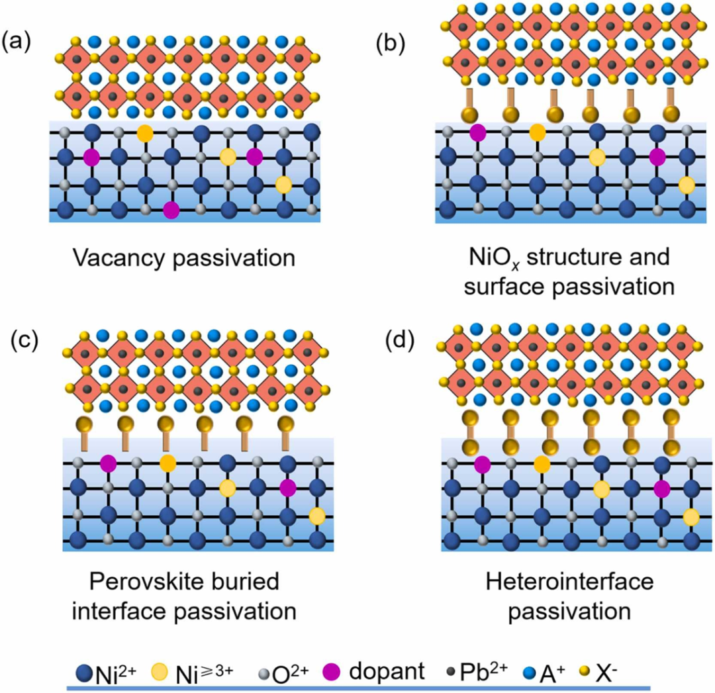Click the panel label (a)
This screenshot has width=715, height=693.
click(x=15, y=44)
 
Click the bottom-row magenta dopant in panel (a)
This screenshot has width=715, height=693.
click(x=171, y=210)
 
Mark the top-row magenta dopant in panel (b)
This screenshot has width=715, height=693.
click(x=477, y=132)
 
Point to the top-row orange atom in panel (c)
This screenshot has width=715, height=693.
click(x=167, y=463)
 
